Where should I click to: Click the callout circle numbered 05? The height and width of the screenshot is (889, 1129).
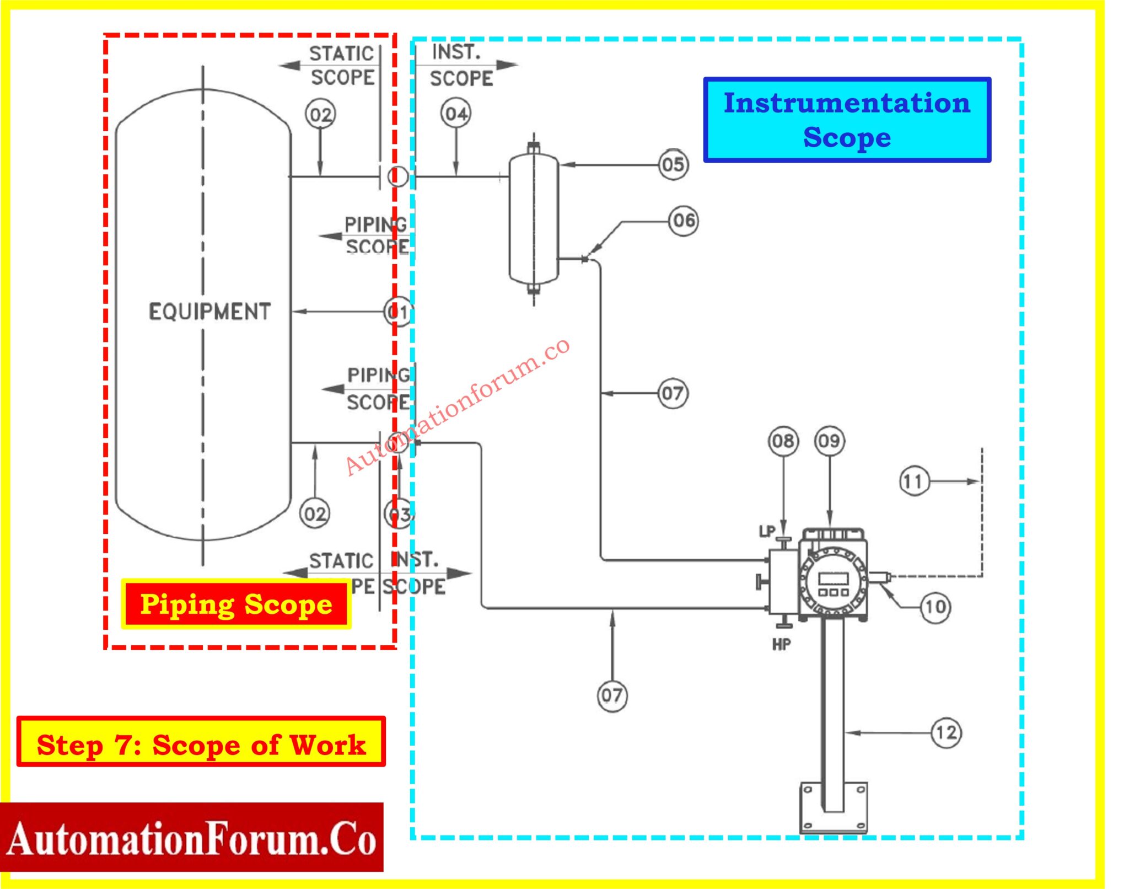[673, 164]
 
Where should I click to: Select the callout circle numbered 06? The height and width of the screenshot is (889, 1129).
[684, 221]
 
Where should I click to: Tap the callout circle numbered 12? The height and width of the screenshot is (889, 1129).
[947, 732]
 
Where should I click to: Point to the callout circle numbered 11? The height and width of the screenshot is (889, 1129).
[913, 481]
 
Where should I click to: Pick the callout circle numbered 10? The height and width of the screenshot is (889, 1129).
[936, 607]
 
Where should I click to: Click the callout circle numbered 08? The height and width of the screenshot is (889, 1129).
[783, 441]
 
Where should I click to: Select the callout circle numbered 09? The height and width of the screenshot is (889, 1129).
[829, 441]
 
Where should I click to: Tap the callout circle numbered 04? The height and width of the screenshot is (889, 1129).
[456, 114]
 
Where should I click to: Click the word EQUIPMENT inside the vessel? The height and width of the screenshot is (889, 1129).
[209, 312]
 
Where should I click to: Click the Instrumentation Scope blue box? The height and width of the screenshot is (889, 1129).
[847, 120]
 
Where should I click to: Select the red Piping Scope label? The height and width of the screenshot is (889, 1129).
[236, 604]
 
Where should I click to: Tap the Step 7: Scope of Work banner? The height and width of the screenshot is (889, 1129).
[201, 742]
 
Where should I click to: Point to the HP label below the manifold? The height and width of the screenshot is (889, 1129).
[781, 644]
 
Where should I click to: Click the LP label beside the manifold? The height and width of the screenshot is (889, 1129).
[767, 531]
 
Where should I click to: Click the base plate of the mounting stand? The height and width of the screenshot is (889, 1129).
[833, 807]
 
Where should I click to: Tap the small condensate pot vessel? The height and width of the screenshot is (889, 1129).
[534, 219]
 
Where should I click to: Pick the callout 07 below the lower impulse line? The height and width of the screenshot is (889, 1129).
[612, 695]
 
